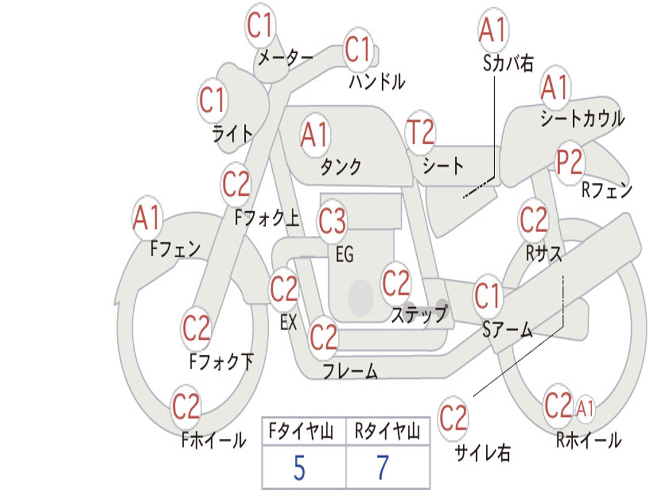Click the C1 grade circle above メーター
(261, 26)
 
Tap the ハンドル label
(377, 82)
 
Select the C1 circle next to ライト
(213, 101)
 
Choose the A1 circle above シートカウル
(554, 87)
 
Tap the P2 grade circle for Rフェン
(569, 163)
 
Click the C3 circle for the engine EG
(332, 222)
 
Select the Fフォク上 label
(267, 219)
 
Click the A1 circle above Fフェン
(148, 218)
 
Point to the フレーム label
(349, 371)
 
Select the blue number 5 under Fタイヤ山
(299, 468)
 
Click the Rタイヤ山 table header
(387, 433)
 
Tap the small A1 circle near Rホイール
(585, 408)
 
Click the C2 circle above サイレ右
(453, 419)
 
